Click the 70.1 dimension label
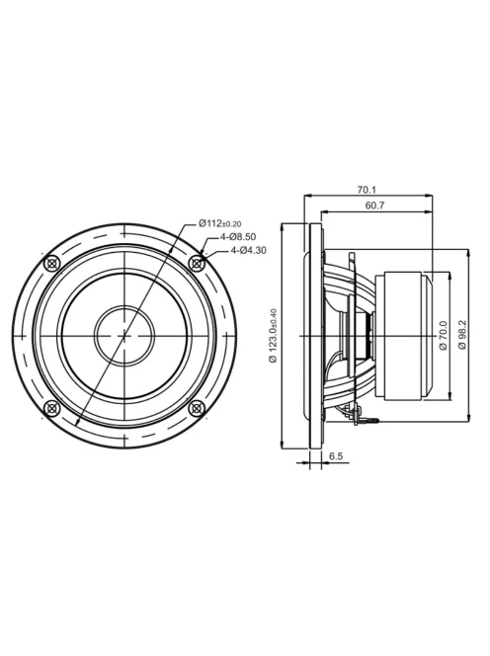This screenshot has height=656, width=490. pyautogui.click(x=367, y=190)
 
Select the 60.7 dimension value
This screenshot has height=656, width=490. pyautogui.click(x=374, y=205)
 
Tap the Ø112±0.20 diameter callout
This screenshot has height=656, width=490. pyautogui.click(x=220, y=223)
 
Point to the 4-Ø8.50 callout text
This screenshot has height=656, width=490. pyautogui.click(x=238, y=237)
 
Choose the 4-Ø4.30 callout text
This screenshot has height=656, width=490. pyautogui.click(x=249, y=251)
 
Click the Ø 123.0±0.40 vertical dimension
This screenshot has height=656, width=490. pyautogui.click(x=274, y=336)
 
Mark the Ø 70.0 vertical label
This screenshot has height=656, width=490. pyautogui.click(x=444, y=335)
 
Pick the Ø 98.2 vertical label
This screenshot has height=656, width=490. pyautogui.click(x=462, y=335)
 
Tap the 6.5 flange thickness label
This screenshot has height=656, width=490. pyautogui.click(x=336, y=456)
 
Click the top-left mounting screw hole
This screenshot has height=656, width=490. pyautogui.click(x=52, y=263)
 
